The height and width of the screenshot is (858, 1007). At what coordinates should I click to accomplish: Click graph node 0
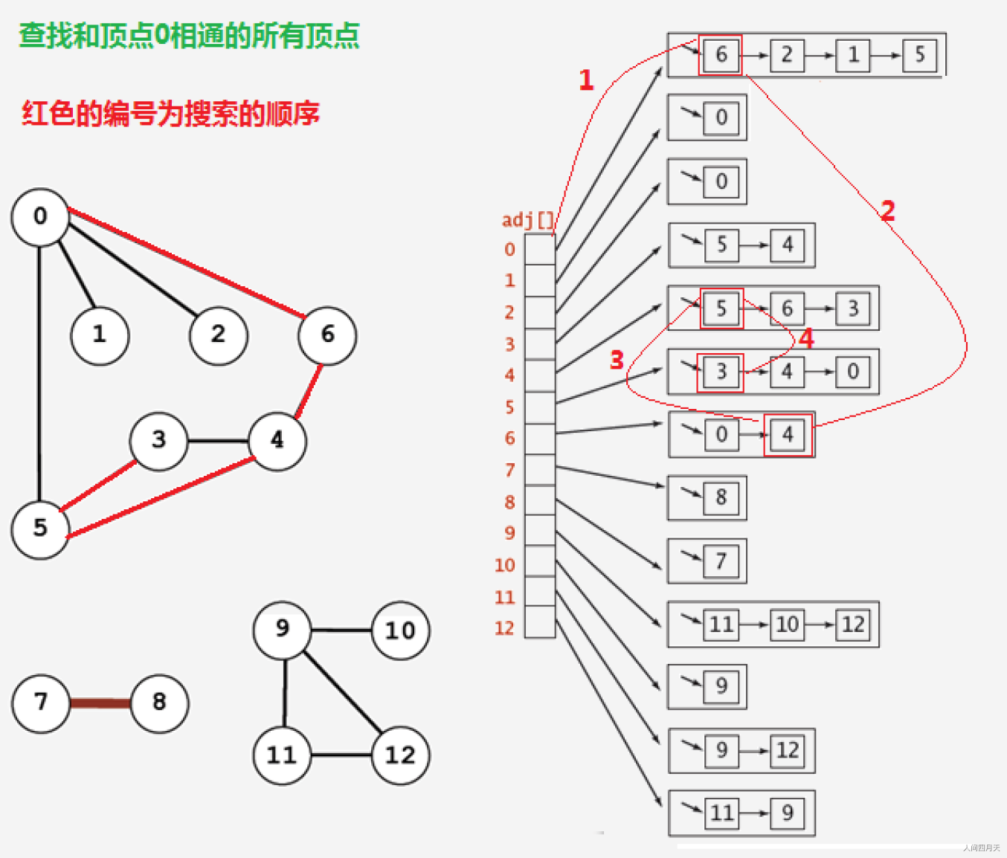pos(40,217)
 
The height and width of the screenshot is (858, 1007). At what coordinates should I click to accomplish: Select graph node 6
pos(327,335)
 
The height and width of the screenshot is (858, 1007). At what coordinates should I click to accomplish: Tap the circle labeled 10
pos(400,631)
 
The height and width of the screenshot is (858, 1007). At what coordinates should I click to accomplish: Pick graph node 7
pos(41,703)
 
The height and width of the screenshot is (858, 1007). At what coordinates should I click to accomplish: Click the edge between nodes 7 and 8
pos(100,703)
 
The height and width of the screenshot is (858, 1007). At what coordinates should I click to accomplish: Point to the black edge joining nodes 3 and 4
pos(218,441)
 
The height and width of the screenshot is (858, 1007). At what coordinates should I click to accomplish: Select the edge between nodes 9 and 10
pos(341,630)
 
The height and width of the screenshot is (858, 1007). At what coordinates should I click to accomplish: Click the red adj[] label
pos(527,220)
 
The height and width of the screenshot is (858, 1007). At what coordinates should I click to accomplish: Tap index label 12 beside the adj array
pos(504,628)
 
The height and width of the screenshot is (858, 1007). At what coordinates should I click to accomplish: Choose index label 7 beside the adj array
pos(509,470)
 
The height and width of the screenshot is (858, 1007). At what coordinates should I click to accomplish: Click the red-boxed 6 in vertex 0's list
pos(721,55)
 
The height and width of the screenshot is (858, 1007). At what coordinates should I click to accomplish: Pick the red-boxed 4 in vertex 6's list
pos(788,435)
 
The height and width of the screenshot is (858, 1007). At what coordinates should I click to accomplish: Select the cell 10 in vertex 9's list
pos(787,624)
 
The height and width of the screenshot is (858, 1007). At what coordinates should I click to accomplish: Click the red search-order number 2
pos(887,211)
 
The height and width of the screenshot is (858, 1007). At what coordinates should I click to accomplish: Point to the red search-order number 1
pos(586,80)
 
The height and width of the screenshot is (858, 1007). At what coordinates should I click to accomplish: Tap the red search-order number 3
pos(617,361)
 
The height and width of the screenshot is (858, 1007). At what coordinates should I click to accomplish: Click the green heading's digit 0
pos(161,36)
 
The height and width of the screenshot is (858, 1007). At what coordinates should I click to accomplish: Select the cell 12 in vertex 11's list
pos(788,750)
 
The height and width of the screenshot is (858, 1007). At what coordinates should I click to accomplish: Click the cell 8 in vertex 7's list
pos(721,497)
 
